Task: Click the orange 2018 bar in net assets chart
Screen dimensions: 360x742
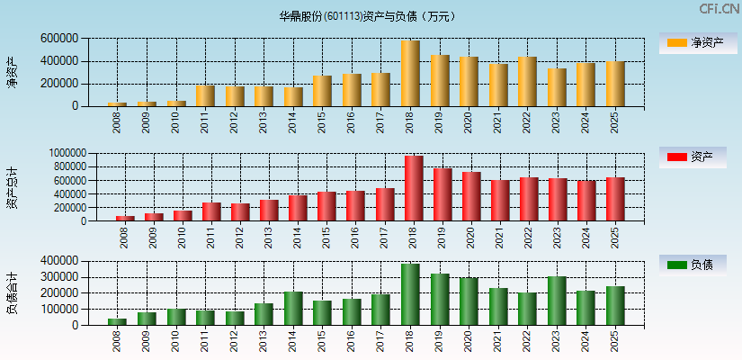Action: pos(410,74)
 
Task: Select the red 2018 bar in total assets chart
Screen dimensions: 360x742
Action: pos(414,189)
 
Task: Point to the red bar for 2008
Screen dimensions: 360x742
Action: pos(125,218)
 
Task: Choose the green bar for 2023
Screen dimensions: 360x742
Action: pos(558,301)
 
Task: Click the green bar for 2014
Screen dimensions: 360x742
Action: pos(293,308)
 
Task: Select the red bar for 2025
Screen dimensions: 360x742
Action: pos(615,199)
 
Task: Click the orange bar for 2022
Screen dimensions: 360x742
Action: pos(527,82)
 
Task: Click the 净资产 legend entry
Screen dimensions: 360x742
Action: pos(698,42)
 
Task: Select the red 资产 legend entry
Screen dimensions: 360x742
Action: pos(698,157)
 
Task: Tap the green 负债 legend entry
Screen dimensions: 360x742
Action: pos(698,265)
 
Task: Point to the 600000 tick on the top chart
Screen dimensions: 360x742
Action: pos(58,39)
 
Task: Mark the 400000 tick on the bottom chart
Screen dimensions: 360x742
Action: pos(58,261)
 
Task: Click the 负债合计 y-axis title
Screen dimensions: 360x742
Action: pos(13,292)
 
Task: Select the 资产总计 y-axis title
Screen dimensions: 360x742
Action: pos(13,187)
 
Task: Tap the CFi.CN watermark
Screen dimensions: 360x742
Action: pos(720,9)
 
